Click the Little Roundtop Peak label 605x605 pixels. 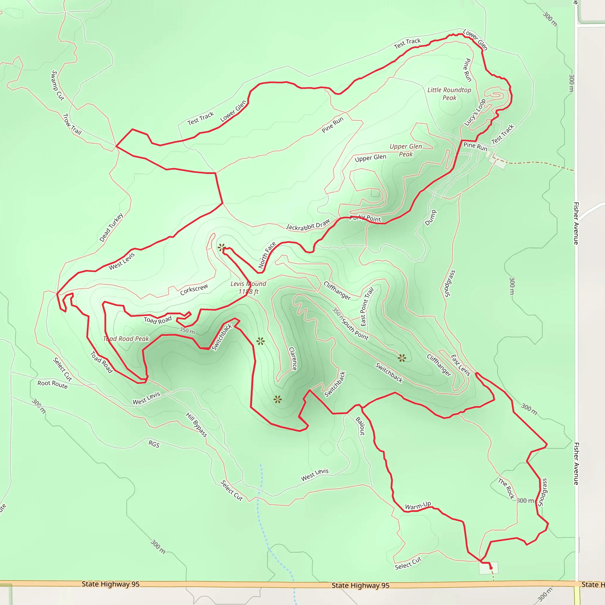[x=449, y=94]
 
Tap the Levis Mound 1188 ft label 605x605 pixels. [x=248, y=287]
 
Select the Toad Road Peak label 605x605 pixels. [x=126, y=339]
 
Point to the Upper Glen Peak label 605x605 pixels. [x=406, y=150]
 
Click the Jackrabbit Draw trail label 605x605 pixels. [x=308, y=225]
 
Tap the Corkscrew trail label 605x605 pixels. [x=194, y=290]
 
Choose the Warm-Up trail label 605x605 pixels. [x=418, y=505]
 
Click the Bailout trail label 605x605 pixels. [x=360, y=426]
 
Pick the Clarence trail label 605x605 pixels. [x=293, y=359]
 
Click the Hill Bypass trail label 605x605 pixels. [x=196, y=425]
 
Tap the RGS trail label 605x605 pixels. [x=154, y=444]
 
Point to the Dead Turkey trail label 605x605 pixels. [x=111, y=227]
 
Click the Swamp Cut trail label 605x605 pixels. [x=57, y=85]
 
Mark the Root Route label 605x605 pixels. [x=52, y=384]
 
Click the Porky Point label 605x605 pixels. [x=365, y=218]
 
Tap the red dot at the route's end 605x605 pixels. [x=491, y=568]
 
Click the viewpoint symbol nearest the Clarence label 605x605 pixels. [x=260, y=341]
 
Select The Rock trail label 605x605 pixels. [x=506, y=488]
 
